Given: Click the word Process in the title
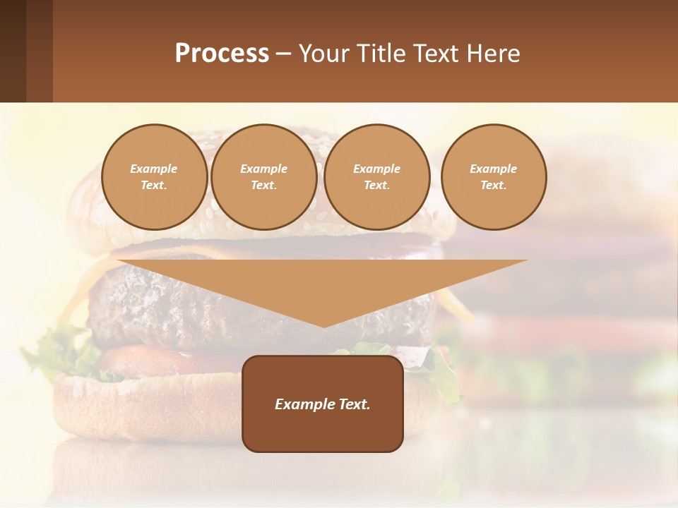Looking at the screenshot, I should tap(222, 54).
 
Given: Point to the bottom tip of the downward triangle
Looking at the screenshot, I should tap(323, 326).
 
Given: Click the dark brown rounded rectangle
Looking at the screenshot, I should tap(323, 430).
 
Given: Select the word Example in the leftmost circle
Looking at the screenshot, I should tap(154, 169).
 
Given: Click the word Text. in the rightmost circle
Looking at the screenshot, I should tap(494, 185).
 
